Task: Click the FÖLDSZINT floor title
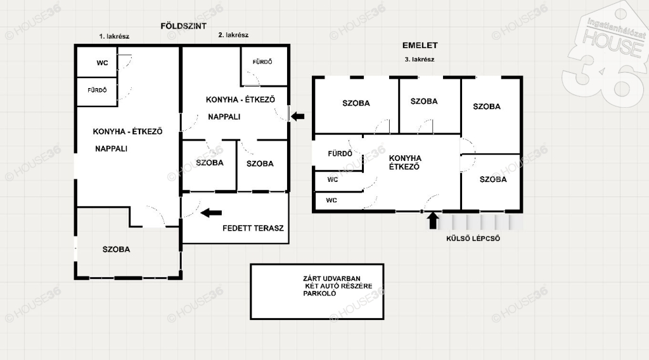coord(183,26)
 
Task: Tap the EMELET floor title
coord(420,45)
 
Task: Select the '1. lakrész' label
coord(114,36)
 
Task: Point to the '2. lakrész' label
coord(233,35)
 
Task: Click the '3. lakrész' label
coord(420,59)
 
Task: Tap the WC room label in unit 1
coord(102,63)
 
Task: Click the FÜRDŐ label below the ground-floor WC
coord(97,90)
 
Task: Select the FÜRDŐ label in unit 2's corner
coord(262,61)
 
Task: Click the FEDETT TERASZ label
coord(253,228)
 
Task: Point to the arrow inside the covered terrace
coord(211,213)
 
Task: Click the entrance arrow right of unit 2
coord(298,116)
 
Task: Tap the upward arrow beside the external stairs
coord(433,221)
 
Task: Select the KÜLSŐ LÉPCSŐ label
coord(473,238)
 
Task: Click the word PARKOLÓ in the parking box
coord(319,293)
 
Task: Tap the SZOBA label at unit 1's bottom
coord(117,249)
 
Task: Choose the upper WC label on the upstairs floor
coord(333,179)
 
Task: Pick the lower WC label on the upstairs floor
coord(331,200)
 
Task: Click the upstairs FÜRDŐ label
coord(340,153)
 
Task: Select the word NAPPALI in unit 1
coord(111,148)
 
